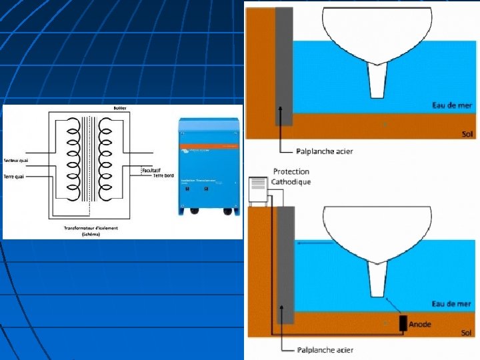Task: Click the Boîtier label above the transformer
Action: (x=120, y=108)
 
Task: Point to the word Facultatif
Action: (x=151, y=170)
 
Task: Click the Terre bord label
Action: (x=163, y=175)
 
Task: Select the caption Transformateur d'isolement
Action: (x=91, y=228)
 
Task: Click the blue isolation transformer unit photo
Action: (x=208, y=166)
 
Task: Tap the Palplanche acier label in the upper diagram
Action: (x=325, y=151)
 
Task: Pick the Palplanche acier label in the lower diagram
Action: (x=325, y=349)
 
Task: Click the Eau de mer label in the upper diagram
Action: (x=451, y=105)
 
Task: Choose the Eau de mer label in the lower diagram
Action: (x=451, y=304)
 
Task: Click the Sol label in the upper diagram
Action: (x=467, y=134)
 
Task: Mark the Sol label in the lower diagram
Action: (x=467, y=333)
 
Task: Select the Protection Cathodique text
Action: (x=291, y=177)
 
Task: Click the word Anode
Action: (x=420, y=324)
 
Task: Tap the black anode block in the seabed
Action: (x=403, y=324)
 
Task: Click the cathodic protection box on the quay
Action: (x=259, y=191)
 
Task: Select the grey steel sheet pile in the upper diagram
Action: (x=284, y=67)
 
